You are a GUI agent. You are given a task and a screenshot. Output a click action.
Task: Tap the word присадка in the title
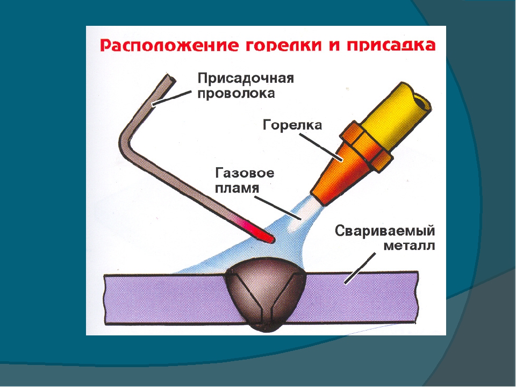click(391, 45)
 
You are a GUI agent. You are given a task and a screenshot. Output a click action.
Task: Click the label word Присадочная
click(246, 79)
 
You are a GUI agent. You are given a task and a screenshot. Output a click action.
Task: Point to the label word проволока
click(236, 94)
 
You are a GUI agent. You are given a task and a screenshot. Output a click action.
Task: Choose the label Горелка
click(292, 125)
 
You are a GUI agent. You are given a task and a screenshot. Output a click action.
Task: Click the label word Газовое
click(245, 173)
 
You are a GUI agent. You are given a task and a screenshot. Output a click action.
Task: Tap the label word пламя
click(237, 188)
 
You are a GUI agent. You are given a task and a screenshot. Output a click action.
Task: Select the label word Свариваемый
click(385, 231)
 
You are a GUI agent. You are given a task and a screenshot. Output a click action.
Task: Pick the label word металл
click(410, 246)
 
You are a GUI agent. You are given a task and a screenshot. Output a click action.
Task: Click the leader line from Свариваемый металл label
click(360, 268)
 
